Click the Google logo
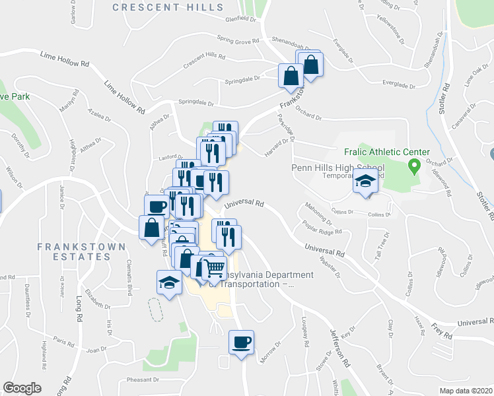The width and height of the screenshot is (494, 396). click(x=22, y=388)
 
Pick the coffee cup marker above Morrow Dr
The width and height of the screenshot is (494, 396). click(x=240, y=343)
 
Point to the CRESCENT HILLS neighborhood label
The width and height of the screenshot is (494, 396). click(x=167, y=7)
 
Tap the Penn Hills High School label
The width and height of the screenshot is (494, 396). click(x=337, y=168)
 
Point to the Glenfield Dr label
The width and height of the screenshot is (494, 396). click(x=240, y=19)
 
